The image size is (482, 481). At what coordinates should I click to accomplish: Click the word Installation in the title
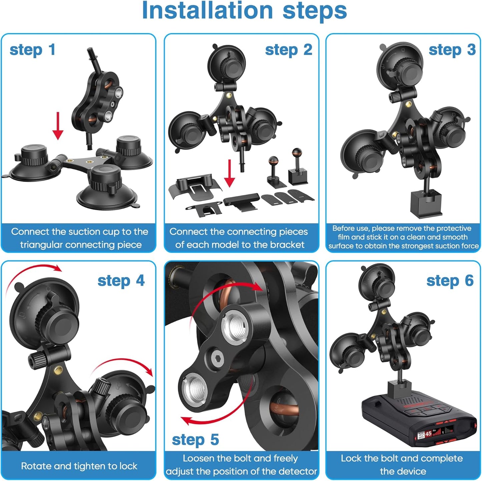pyautogui.click(x=207, y=11)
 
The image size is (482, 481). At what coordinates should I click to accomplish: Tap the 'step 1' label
pyautogui.click(x=32, y=50)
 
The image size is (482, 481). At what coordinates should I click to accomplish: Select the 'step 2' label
pyautogui.click(x=289, y=50)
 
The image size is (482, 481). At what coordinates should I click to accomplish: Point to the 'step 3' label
pyautogui.click(x=452, y=50)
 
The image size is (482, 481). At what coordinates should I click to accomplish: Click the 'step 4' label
pyautogui.click(x=121, y=281)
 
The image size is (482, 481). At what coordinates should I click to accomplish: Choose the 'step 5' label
pyautogui.click(x=195, y=440)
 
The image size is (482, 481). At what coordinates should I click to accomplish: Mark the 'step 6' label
pyautogui.click(x=450, y=281)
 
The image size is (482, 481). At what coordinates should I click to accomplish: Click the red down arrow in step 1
pyautogui.click(x=58, y=126)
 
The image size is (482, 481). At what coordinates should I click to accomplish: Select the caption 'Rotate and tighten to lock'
pyautogui.click(x=79, y=466)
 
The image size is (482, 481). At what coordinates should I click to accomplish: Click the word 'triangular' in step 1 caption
pyautogui.click(x=42, y=245)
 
